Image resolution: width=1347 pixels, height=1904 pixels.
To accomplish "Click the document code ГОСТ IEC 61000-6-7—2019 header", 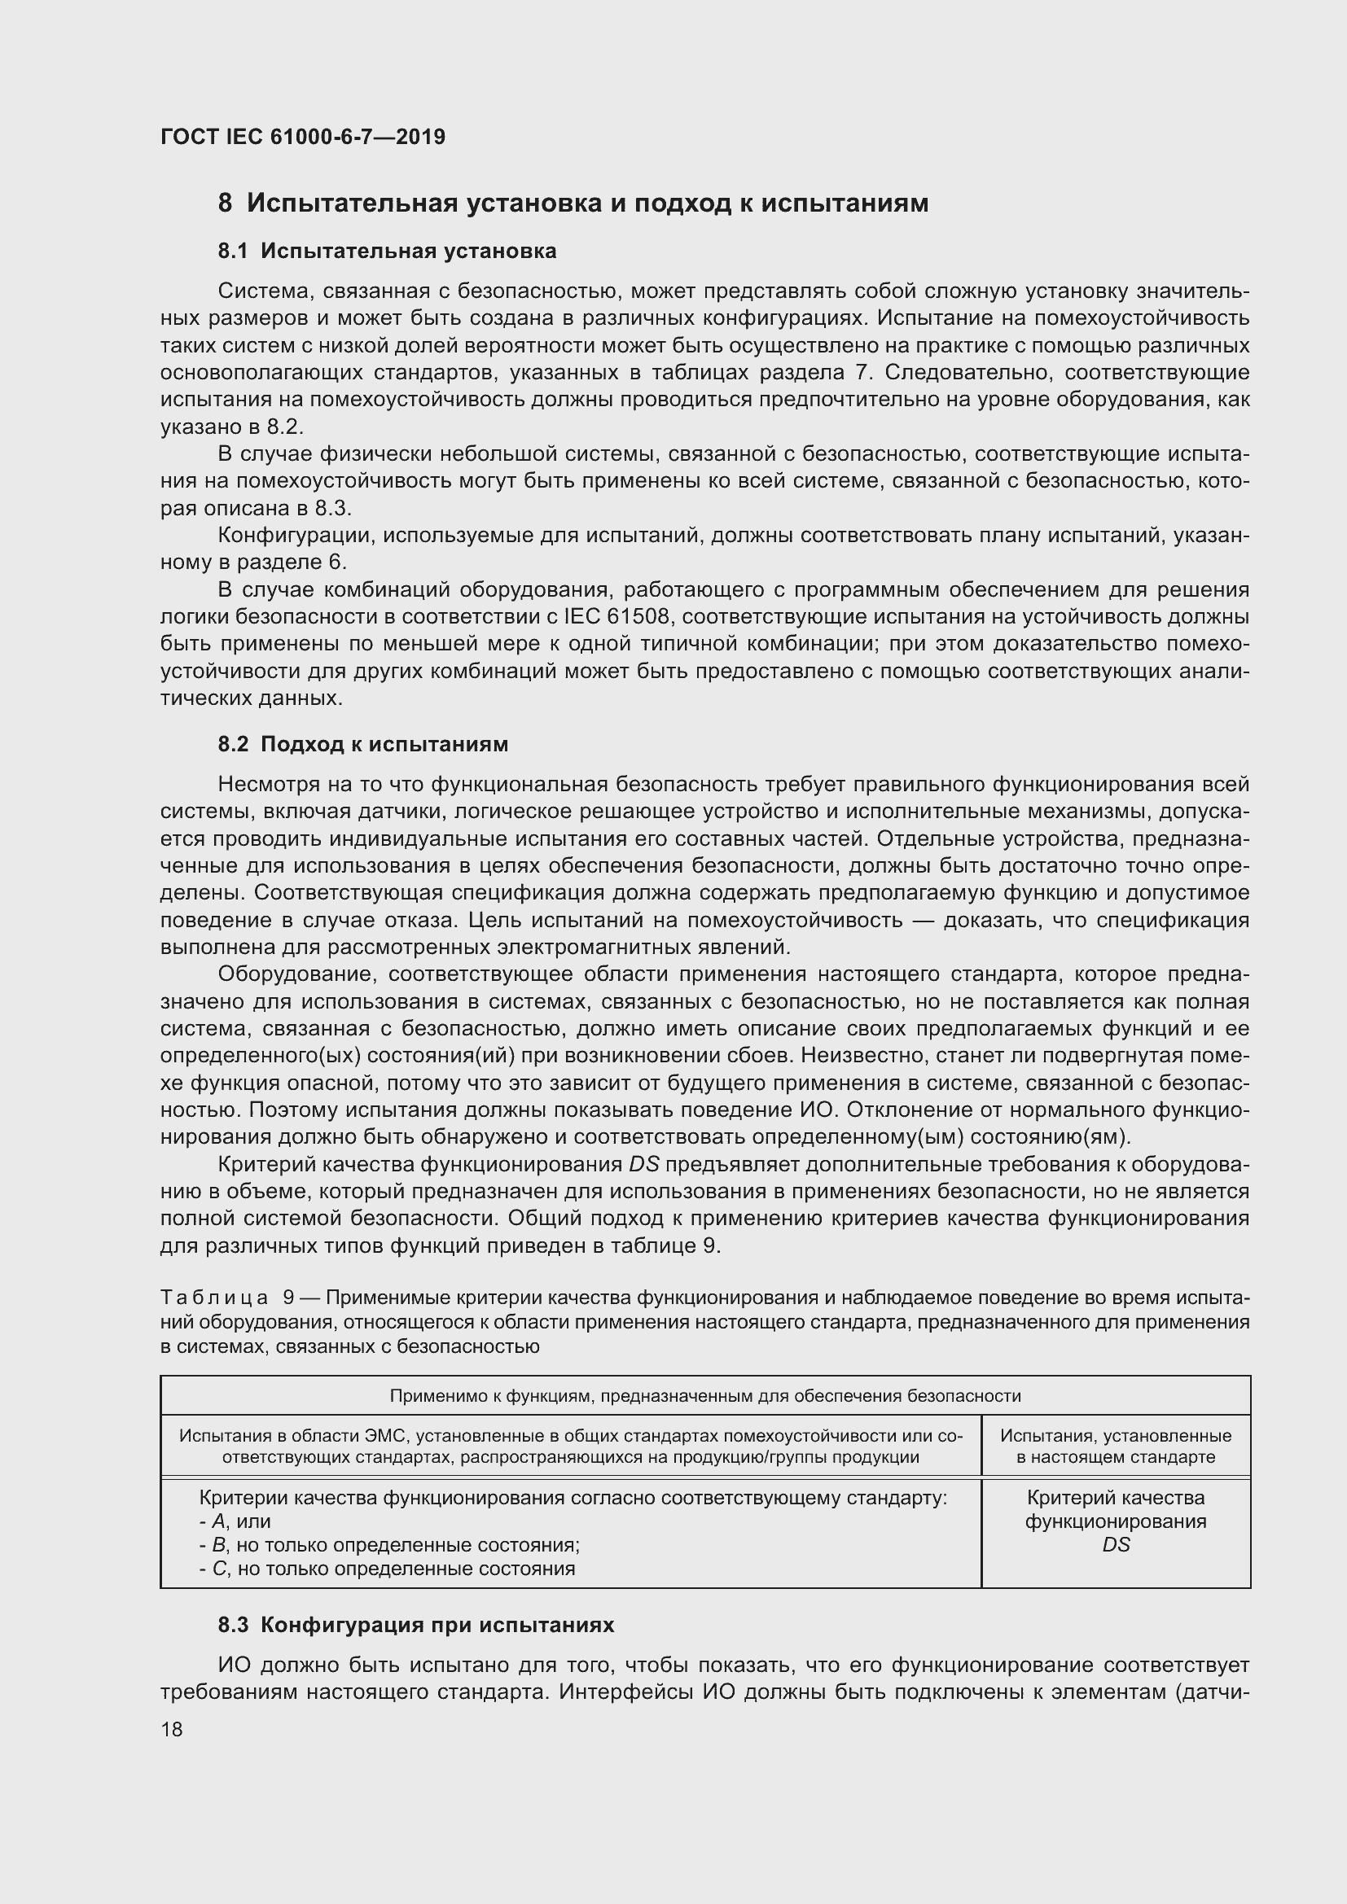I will click(303, 137).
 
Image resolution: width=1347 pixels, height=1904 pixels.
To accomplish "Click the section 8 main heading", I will click(573, 204).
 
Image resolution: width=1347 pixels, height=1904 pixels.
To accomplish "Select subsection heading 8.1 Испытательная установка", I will click(387, 252).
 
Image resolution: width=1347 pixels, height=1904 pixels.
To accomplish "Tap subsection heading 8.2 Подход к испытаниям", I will click(362, 745).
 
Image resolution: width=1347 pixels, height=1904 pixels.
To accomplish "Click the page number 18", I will click(172, 1729).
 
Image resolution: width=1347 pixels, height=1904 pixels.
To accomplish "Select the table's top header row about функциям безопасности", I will click(705, 1396).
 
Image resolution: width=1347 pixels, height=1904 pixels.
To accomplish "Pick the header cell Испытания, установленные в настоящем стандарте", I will click(1115, 1447).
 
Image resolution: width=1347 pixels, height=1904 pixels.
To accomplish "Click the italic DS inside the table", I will click(1116, 1545).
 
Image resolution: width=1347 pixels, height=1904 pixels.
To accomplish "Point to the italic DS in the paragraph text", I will click(643, 1165).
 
